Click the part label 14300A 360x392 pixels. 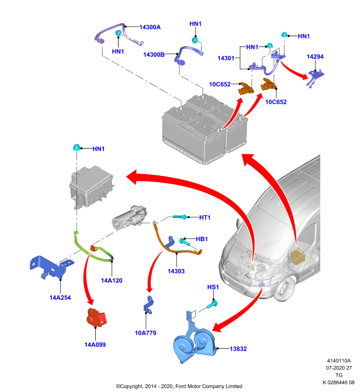click(x=150, y=27)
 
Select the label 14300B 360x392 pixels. click(x=154, y=54)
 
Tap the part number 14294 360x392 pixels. click(x=315, y=57)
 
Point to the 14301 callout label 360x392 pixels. click(x=226, y=58)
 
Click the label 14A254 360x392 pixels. click(x=60, y=297)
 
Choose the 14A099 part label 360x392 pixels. click(x=95, y=344)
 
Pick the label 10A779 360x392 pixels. click(x=145, y=333)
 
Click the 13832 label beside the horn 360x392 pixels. click(x=238, y=349)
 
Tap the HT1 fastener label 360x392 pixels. click(x=205, y=218)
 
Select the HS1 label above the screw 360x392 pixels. click(x=213, y=287)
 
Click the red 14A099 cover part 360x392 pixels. click(x=96, y=318)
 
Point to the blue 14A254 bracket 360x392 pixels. click(x=51, y=267)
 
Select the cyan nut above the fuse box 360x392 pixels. click(x=77, y=147)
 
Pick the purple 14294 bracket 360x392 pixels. click(x=315, y=78)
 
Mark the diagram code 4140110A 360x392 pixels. click(x=339, y=361)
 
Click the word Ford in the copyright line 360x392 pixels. click(x=180, y=386)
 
